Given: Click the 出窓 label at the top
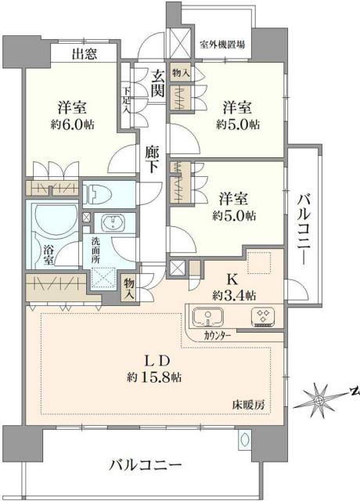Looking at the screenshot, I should tap(85, 54).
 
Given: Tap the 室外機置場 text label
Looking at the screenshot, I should tap(221, 44).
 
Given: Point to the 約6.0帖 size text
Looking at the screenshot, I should tap(73, 124).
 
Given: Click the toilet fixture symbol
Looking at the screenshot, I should tap(99, 193).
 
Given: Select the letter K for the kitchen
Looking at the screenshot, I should tap(234, 277).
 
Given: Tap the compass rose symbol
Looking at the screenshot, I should tap(321, 400).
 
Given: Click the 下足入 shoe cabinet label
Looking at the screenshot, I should tap(126, 99).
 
